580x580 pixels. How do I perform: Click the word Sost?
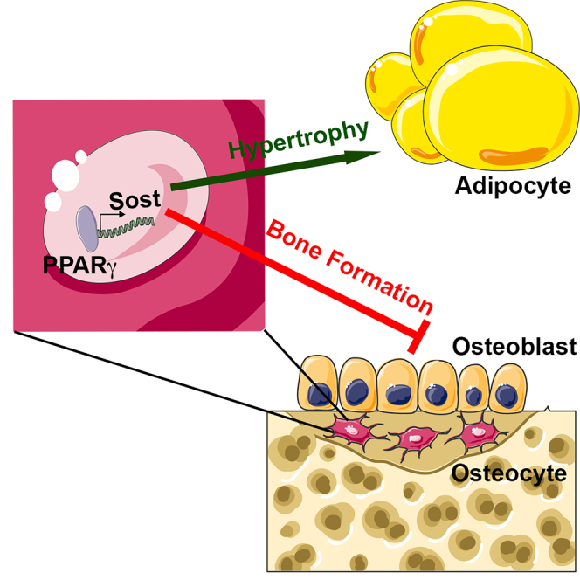[135, 200]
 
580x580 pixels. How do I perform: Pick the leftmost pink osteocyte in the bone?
[349, 430]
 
